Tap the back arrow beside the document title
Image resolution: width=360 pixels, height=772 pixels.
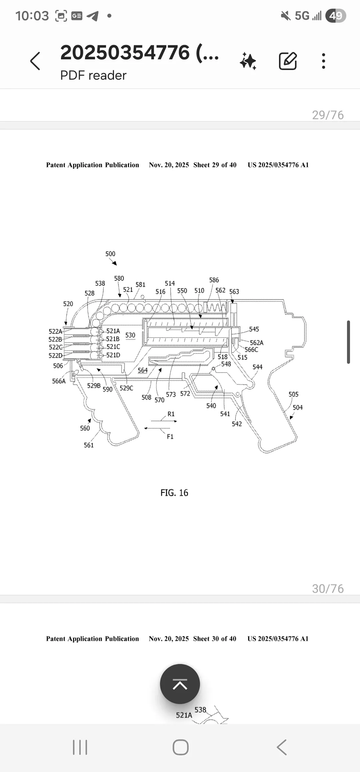point(35,61)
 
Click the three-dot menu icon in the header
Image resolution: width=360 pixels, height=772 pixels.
point(323,61)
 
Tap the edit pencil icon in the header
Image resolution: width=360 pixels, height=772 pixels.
point(288,61)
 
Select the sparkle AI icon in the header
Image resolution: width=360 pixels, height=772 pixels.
point(248,61)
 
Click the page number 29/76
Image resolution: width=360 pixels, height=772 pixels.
point(328,115)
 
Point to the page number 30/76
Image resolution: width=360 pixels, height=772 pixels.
point(328,589)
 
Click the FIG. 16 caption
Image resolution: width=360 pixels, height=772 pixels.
point(174,493)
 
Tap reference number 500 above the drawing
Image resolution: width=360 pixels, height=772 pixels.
point(110,254)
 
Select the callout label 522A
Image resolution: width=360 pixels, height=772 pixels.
point(55,331)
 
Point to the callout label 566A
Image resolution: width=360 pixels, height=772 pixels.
point(59,381)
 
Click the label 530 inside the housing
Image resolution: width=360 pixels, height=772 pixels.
point(130,335)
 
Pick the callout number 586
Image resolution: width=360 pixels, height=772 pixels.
point(214,280)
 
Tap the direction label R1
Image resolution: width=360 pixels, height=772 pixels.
point(171,414)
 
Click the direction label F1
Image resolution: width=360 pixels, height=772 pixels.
point(170,437)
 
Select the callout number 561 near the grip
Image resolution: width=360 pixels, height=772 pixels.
point(89,445)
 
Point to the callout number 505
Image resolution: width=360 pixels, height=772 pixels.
point(293,394)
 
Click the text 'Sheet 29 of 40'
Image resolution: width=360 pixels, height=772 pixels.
point(215,165)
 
